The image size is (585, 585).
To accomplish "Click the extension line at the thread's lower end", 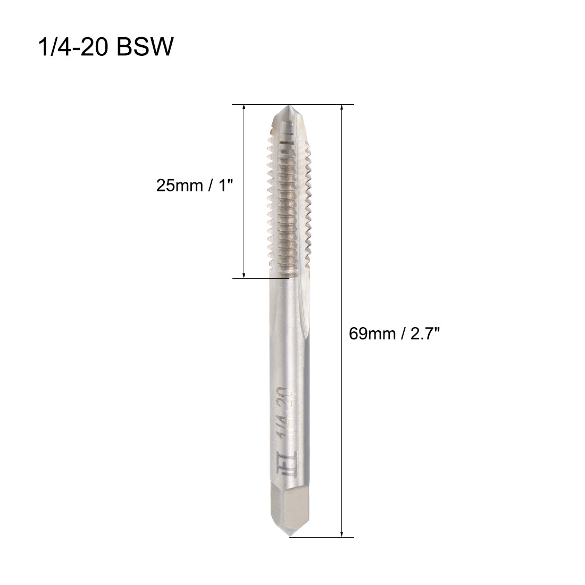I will coord(263,278).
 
